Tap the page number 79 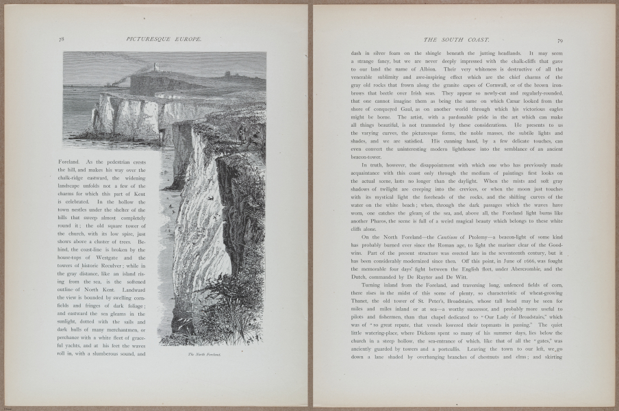point(560,40)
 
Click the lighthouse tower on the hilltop point(157,67)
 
